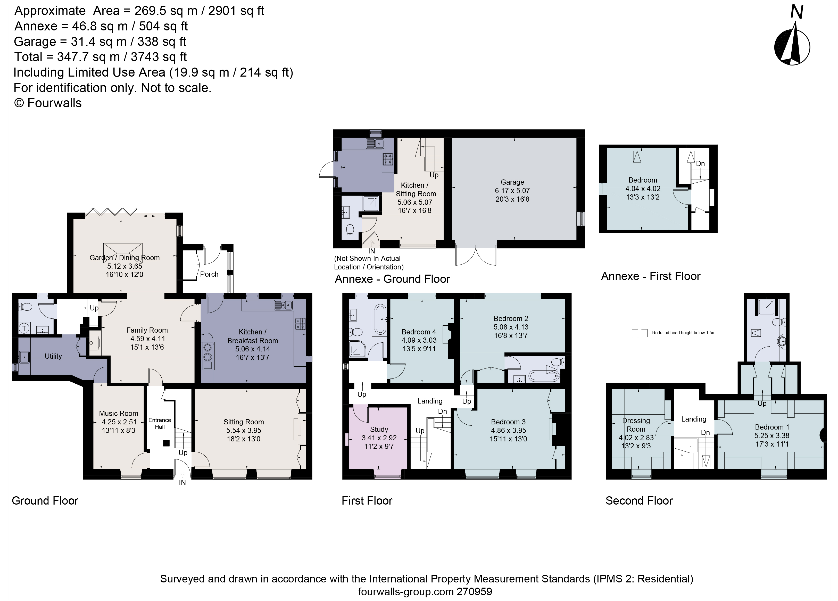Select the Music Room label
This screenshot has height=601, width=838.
tap(118, 413)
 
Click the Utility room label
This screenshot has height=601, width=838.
tap(53, 356)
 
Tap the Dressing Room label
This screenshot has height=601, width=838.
tap(636, 425)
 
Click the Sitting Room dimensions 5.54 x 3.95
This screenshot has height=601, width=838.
tap(244, 430)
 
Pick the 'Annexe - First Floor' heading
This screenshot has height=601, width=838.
tap(650, 276)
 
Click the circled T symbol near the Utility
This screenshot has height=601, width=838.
tap(25, 328)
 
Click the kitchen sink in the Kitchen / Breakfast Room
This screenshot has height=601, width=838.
tap(283, 305)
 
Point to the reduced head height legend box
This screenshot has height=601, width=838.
tap(639, 333)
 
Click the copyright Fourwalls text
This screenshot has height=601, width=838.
tap(48, 103)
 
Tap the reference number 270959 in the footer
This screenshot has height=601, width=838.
tap(475, 592)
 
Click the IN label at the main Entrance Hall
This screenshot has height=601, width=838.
tap(182, 483)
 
